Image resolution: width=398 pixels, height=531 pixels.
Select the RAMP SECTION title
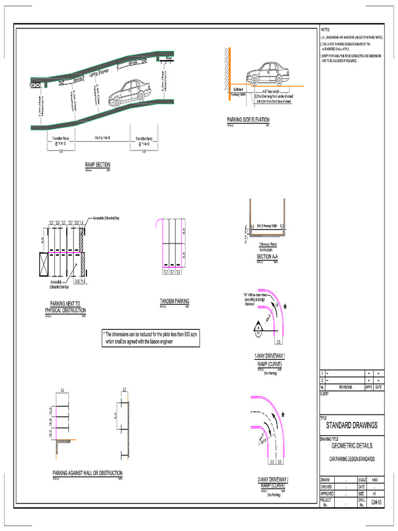click(x=98, y=165)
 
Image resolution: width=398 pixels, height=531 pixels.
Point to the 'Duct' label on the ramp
click(x=32, y=85)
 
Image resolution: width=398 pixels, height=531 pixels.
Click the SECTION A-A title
click(x=267, y=257)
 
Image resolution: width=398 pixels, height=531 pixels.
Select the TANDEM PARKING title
click(x=175, y=301)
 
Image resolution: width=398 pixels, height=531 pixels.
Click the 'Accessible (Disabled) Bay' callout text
click(x=106, y=218)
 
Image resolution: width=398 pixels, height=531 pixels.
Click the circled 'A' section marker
click(x=257, y=328)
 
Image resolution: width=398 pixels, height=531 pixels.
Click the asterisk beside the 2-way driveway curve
click(x=283, y=415)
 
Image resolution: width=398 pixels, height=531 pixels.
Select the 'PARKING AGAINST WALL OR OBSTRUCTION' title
click(x=88, y=473)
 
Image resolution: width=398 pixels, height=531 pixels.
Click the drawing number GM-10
click(x=376, y=503)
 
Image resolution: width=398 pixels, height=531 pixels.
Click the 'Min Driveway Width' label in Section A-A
click(x=267, y=226)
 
